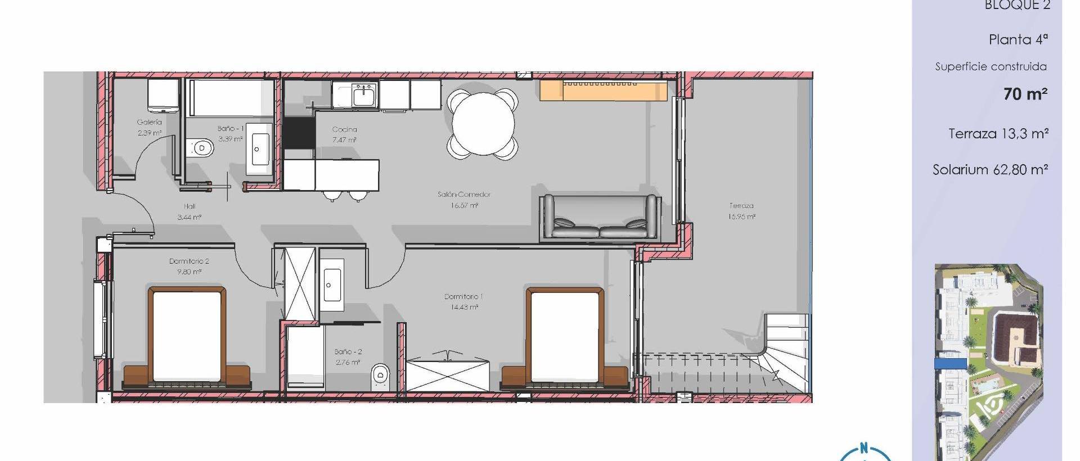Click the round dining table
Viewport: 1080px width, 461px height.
[x=483, y=124]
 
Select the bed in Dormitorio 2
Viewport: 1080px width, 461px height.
[x=186, y=337]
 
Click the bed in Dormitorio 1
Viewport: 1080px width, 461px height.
[x=565, y=337]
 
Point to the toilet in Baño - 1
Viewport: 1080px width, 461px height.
[x=201, y=148]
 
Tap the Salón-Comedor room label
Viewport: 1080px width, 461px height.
[x=464, y=195]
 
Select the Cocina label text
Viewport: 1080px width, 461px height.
[x=344, y=130]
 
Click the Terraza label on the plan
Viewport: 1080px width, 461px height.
[x=741, y=206]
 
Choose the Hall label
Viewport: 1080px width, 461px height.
[x=190, y=207]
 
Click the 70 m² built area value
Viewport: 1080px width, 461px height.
[x=1025, y=94]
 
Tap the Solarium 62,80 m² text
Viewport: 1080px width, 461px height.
[x=990, y=170]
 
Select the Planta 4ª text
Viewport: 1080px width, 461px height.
[x=1018, y=40]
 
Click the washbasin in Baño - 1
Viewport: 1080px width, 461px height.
[x=259, y=149]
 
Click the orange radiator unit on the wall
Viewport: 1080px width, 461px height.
[x=604, y=91]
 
